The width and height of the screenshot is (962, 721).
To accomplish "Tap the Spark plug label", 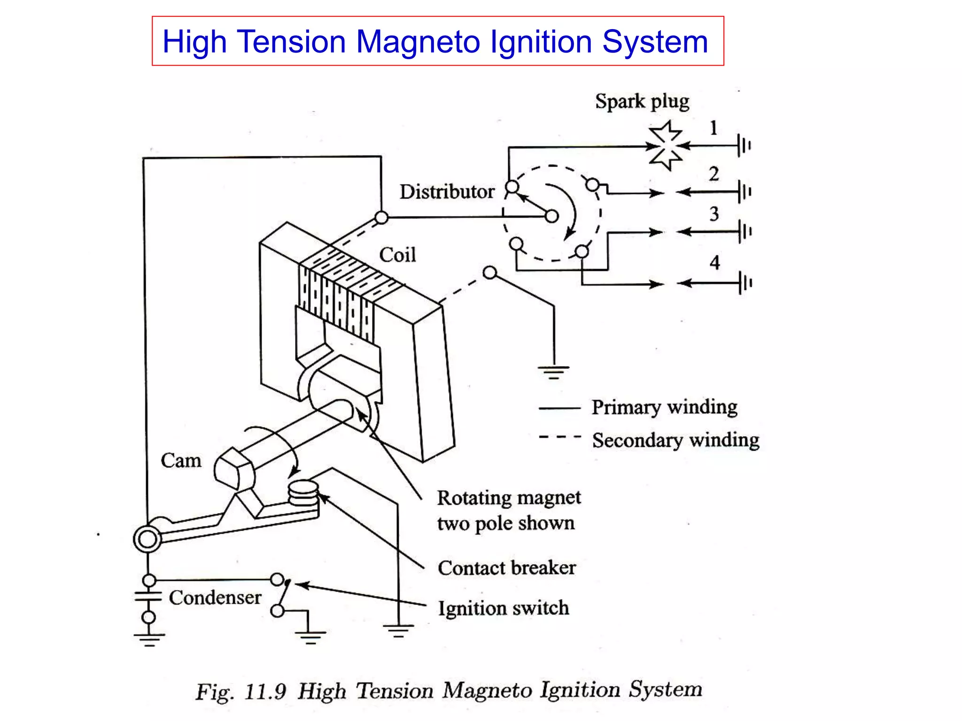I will (642, 102).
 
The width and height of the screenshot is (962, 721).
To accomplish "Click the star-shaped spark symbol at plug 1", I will (665, 146).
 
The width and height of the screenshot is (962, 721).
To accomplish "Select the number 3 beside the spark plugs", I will (714, 214).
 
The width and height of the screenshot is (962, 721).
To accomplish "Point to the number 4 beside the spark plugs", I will (714, 262).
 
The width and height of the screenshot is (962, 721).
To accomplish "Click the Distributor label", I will (447, 192).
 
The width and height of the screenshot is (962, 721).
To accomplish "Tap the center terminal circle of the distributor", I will (552, 216).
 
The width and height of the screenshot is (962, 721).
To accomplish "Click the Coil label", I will (397, 255).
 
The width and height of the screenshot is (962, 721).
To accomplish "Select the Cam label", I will (181, 460).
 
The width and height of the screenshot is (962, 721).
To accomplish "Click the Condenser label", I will (215, 598).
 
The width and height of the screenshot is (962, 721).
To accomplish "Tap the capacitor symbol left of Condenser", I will (148, 598).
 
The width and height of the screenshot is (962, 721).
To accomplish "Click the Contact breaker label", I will (506, 568).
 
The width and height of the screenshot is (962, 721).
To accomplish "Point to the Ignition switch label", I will (503, 608).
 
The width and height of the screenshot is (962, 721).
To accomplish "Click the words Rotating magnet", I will (509, 498).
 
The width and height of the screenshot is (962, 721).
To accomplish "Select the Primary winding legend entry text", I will (664, 407).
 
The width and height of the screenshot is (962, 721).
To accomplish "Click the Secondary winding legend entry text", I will (675, 440).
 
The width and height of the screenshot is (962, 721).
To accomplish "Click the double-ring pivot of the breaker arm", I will (147, 539).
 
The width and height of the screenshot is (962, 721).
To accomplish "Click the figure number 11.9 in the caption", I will (265, 691).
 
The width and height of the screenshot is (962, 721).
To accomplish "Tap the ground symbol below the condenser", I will (149, 639).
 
